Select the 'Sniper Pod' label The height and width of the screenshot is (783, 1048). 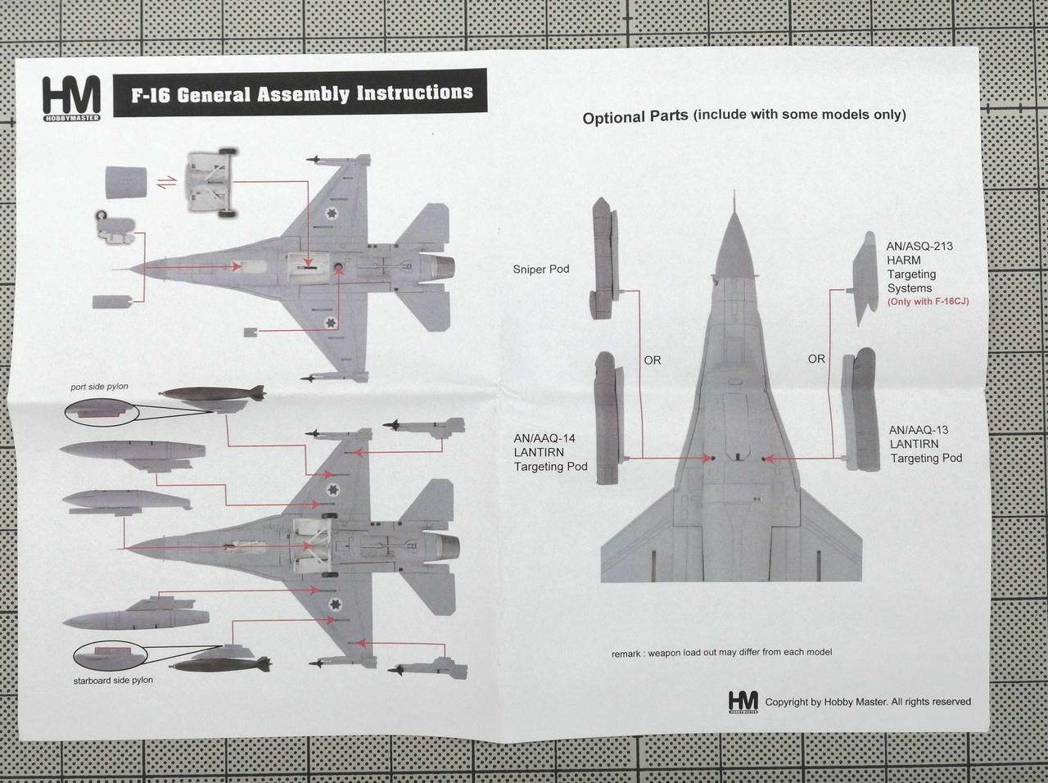(540, 269)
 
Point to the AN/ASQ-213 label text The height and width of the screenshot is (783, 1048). (919, 246)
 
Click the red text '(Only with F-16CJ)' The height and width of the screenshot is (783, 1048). (928, 302)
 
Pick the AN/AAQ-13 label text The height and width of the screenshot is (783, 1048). (919, 430)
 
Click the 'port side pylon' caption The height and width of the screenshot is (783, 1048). (99, 387)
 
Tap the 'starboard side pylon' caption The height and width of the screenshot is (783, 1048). (113, 680)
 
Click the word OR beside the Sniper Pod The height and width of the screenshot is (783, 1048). (652, 360)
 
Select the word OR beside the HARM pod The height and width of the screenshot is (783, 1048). (816, 359)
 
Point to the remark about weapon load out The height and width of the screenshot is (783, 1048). (721, 653)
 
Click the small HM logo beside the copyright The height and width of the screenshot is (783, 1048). (743, 701)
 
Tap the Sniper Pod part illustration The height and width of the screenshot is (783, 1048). (603, 258)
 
